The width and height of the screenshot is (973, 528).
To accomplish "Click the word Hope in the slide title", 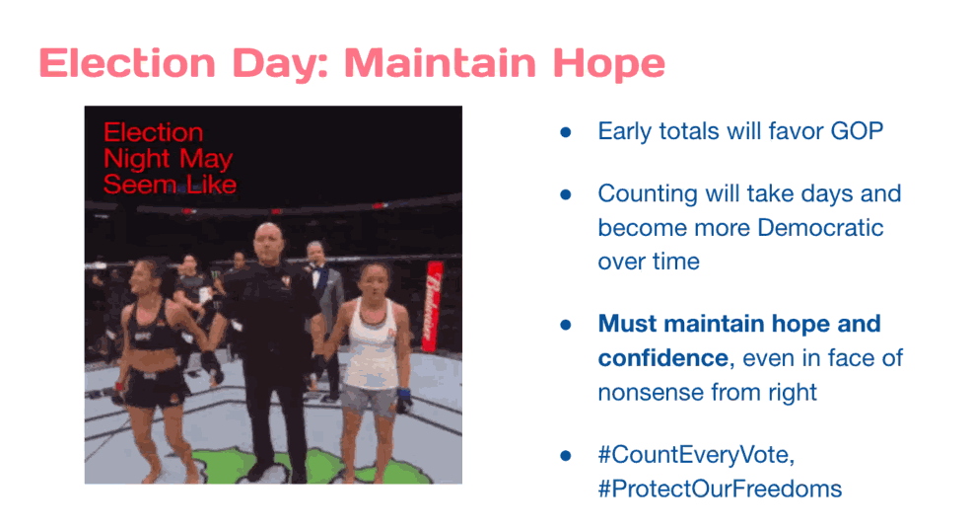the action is [x=609, y=64].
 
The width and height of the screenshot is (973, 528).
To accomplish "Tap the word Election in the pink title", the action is [x=127, y=63].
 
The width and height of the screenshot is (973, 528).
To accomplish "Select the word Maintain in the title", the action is [x=440, y=63].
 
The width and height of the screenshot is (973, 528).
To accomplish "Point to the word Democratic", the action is [x=820, y=227].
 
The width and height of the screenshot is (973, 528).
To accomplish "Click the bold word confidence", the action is [x=662, y=358].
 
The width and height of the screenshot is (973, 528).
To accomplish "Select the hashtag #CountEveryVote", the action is [x=696, y=455].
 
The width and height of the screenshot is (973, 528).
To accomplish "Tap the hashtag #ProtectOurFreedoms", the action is [x=720, y=489].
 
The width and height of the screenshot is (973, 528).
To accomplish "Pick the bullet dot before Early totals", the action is [x=565, y=132].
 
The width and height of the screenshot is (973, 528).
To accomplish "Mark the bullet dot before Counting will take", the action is [x=565, y=194].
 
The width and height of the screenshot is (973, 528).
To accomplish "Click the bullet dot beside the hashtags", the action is [x=565, y=456].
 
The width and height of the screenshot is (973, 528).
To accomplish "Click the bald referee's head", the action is [x=269, y=241].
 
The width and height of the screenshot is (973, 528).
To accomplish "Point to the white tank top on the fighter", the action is [x=371, y=343].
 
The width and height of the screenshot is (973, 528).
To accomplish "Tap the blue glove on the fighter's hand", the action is [x=404, y=400].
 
